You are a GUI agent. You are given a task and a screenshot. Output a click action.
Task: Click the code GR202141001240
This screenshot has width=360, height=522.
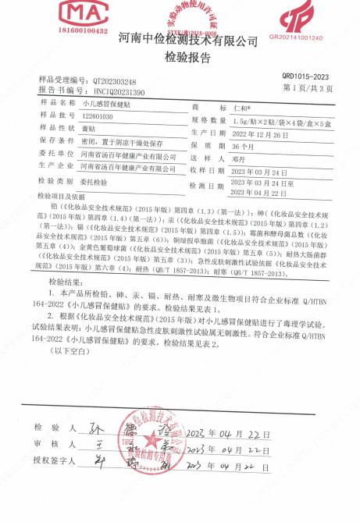[295, 37]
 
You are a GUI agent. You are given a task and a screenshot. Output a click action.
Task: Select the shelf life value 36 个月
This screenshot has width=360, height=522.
[244, 145]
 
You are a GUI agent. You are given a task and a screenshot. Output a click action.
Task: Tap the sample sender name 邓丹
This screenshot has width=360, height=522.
[240, 157]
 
